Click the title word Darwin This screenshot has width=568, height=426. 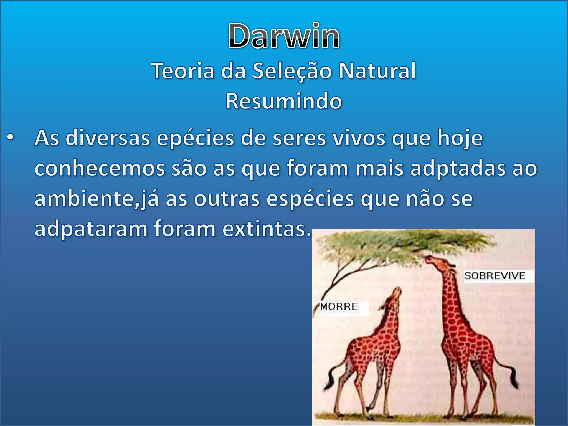284,36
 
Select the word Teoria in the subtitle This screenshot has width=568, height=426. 183,71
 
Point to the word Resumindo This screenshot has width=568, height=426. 284,101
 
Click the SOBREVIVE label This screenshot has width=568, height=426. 495,276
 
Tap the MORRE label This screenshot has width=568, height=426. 339,307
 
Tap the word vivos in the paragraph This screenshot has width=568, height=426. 359,138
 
